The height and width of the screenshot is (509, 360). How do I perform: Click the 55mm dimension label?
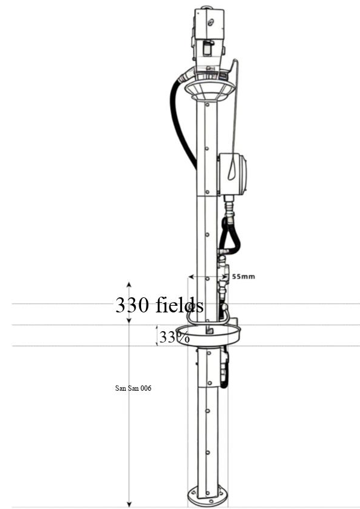(244, 277)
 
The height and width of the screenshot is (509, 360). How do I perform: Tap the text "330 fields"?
(159, 305)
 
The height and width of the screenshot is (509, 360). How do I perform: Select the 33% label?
(174, 337)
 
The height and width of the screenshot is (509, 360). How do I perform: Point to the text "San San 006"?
(133, 388)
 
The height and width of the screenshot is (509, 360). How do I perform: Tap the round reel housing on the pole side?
(232, 174)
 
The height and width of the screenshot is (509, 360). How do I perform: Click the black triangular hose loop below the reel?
(230, 235)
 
